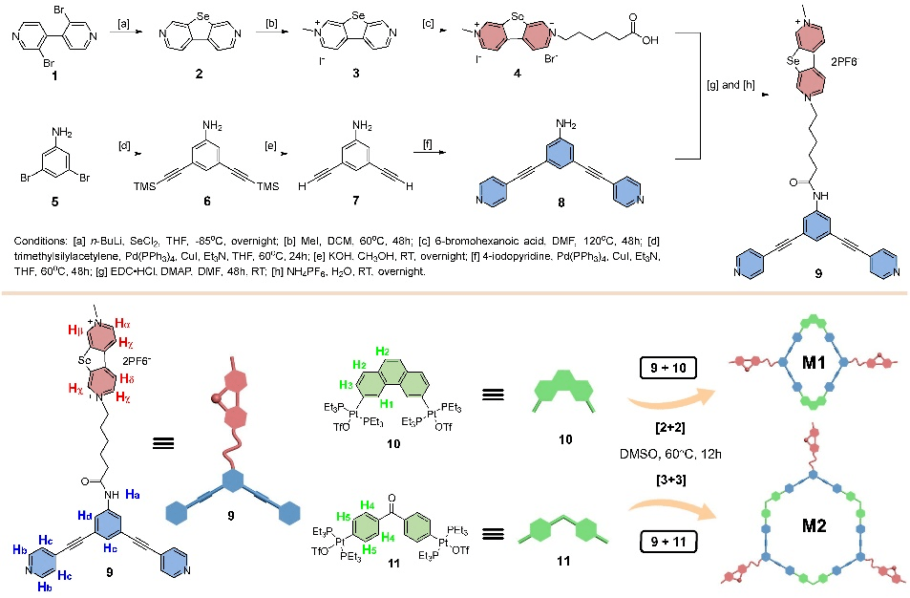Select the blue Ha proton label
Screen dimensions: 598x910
[133, 493]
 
